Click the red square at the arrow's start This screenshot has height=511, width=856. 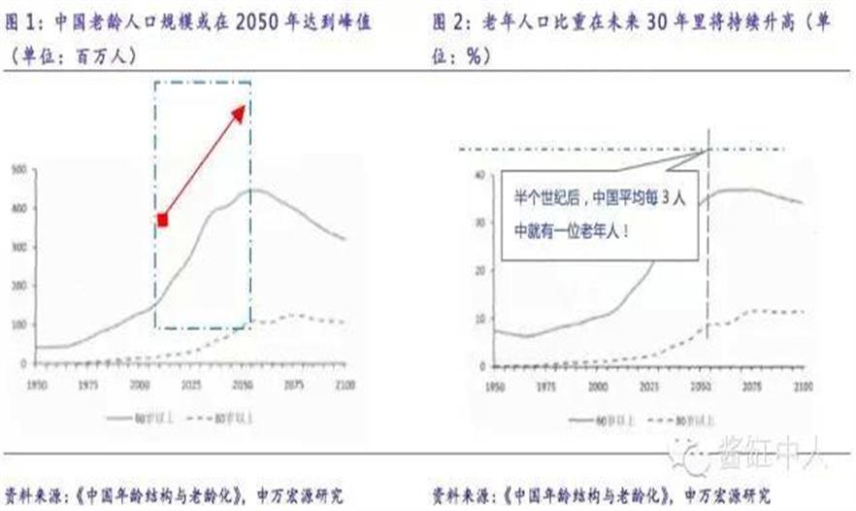point(162,221)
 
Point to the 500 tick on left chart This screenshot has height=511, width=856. point(17,170)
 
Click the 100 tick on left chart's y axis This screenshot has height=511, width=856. point(17,324)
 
